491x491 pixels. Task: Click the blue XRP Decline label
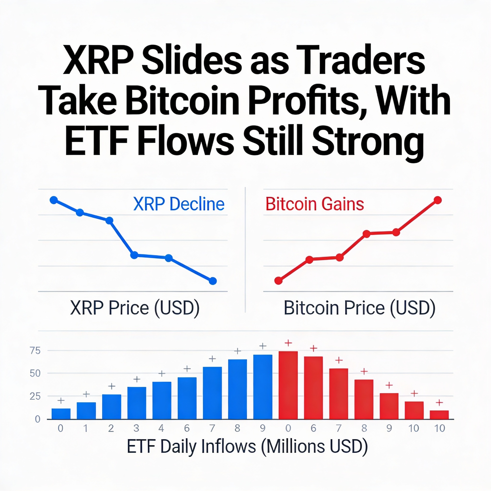179,204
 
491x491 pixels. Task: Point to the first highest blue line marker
54,200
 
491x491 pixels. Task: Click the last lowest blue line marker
213,281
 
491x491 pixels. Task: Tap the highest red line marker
437,200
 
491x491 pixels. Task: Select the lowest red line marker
279,281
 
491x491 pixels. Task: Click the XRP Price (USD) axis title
135,308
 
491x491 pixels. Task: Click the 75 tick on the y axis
35,351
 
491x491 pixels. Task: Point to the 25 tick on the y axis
35,396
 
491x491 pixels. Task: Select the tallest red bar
288,385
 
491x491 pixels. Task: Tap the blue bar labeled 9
263,386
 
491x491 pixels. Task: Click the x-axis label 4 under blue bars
161,428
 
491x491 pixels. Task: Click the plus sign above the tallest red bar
288,343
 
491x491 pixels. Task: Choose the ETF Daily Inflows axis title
247,446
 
